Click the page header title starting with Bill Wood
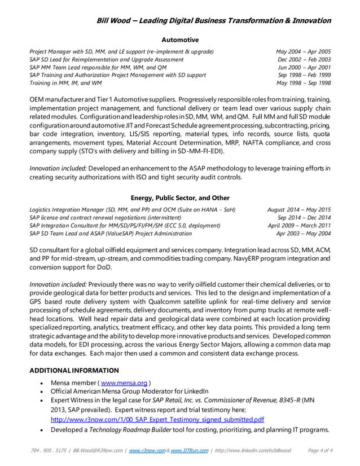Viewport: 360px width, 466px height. tap(214, 21)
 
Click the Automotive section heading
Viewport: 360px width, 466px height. tap(180, 40)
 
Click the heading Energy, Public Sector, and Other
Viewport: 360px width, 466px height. tap(180, 198)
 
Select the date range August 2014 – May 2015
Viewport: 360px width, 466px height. tap(299, 209)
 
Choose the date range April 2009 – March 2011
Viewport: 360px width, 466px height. tap(299, 225)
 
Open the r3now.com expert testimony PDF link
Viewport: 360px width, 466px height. tap(150, 420)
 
